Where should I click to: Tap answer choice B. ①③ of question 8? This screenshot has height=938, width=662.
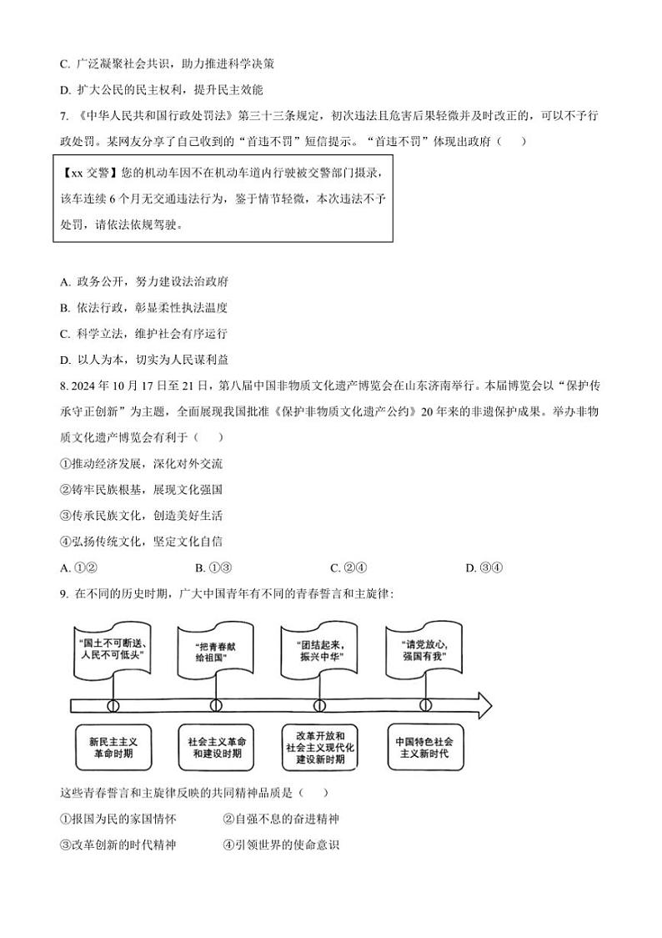pos(213,568)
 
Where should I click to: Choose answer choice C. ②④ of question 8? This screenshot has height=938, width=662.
pos(349,568)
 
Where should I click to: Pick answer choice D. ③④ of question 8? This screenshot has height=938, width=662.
pos(484,568)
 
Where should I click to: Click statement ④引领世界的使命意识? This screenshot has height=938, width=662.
pos(281,845)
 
